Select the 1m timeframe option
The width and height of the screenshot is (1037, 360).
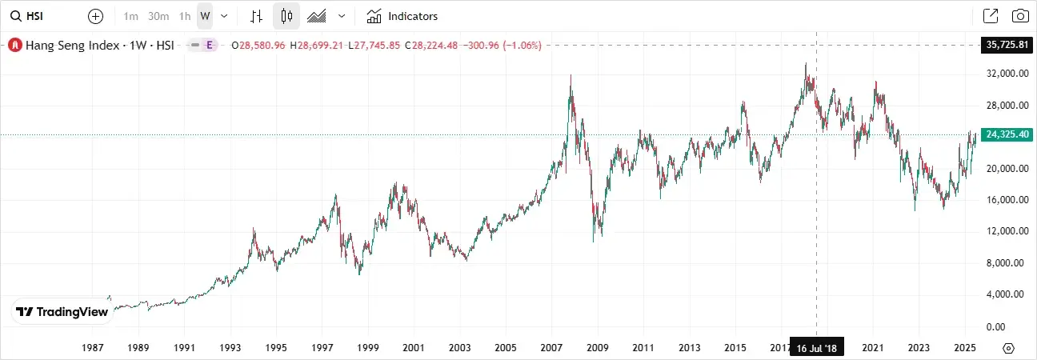pyautogui.click(x=132, y=16)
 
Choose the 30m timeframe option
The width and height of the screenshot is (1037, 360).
pyautogui.click(x=158, y=16)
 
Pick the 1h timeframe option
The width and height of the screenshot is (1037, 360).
pyautogui.click(x=185, y=16)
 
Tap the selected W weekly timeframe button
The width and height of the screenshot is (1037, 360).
pyautogui.click(x=205, y=16)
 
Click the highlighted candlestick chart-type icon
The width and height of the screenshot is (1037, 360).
pyautogui.click(x=286, y=16)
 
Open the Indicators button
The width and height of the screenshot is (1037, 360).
pyautogui.click(x=402, y=16)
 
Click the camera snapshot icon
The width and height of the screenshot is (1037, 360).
pyautogui.click(x=1020, y=16)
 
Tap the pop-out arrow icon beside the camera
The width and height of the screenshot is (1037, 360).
pyautogui.click(x=991, y=16)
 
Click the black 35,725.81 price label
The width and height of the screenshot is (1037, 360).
pyautogui.click(x=1007, y=45)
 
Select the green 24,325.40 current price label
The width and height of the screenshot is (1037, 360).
pyautogui.click(x=1007, y=134)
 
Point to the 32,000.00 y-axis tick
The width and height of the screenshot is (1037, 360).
pyautogui.click(x=1007, y=74)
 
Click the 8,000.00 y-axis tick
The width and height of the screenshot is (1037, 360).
pyautogui.click(x=1007, y=263)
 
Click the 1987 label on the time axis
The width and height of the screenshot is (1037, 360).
pyautogui.click(x=94, y=348)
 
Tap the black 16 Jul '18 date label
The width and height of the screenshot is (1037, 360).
pyautogui.click(x=816, y=348)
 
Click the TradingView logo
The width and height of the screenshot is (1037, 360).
pyautogui.click(x=62, y=312)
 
